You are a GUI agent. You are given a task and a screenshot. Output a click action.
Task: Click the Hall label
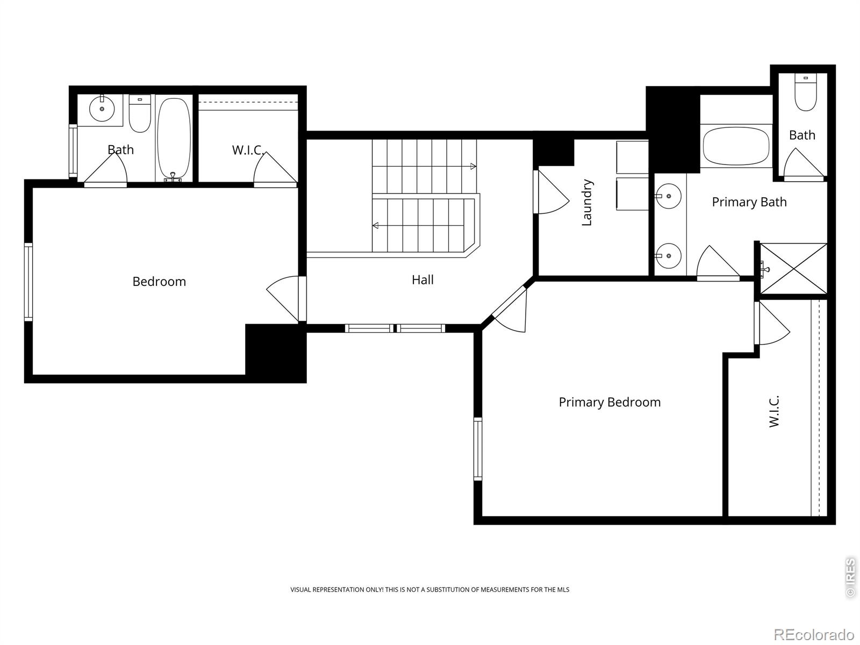click(422, 279)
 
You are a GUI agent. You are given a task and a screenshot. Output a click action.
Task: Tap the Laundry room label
click(587, 203)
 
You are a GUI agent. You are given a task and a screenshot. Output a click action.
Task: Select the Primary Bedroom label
click(610, 402)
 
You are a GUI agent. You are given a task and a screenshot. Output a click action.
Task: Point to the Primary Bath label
click(749, 202)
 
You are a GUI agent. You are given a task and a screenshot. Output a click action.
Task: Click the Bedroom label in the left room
click(159, 282)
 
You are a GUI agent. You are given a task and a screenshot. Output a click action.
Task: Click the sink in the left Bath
click(102, 110)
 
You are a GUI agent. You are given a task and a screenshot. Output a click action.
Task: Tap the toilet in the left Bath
click(140, 114)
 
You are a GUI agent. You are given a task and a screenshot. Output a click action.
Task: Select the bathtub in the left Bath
click(174, 138)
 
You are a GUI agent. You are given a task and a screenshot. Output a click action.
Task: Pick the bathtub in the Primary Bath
click(737, 146)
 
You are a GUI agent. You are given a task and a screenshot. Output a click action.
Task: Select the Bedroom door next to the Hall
click(285, 299)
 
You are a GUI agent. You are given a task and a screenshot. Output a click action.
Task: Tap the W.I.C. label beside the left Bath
click(247, 150)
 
